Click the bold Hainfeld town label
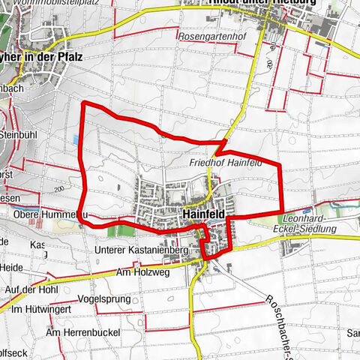coord(203,212)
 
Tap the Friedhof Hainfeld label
coord(224,161)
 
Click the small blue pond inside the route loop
coord(76,140)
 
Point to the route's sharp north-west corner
coord(82,102)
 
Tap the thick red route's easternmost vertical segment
coord(280,187)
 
